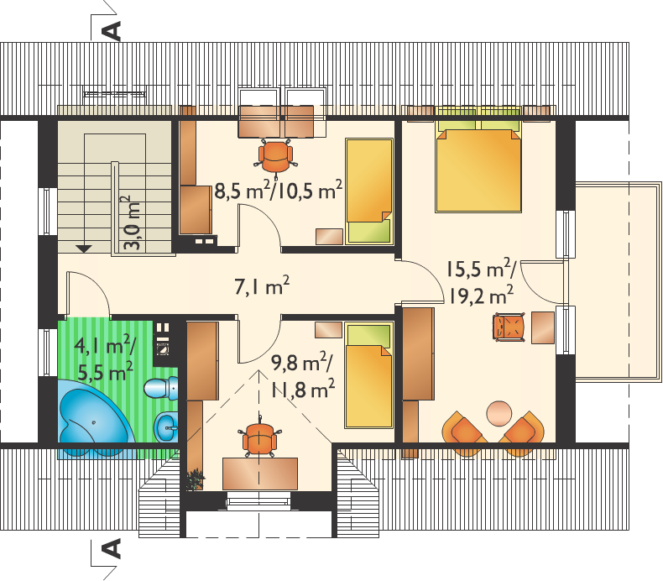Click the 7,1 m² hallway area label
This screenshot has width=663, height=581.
coord(262,286)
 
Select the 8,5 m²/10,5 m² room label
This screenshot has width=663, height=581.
coord(279,191)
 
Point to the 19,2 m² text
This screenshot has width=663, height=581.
coord(481,296)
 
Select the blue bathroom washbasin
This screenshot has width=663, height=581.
coord(166,427)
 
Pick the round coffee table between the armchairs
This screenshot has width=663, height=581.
coord(499,413)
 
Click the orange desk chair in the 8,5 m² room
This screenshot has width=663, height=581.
coord(275,157)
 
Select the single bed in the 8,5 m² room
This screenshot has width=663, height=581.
coord(369,191)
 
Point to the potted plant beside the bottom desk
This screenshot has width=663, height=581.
coord(195,479)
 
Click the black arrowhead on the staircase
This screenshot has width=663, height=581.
coord(84,249)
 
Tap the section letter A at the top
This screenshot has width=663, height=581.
coord(112,31)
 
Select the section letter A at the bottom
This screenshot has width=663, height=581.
coord(112,548)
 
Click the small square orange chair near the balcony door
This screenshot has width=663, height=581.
coord(509,327)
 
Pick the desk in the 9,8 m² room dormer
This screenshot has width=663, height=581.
coord(260,474)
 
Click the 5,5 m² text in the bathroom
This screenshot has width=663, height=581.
coord(106,371)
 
